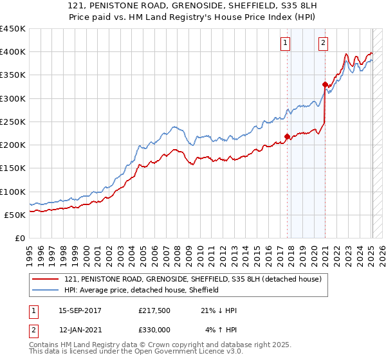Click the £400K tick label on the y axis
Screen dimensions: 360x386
tap(12, 52)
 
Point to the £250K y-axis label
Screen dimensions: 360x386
tap(12, 122)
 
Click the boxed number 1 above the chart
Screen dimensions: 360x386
tap(285, 44)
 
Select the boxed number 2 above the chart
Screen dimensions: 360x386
tap(323, 44)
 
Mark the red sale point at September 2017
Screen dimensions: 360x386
tap(288, 136)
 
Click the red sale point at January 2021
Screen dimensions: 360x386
tap(325, 84)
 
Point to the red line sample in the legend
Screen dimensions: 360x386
tap(46, 279)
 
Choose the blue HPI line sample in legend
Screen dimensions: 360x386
tap(46, 290)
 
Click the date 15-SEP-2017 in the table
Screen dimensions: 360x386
tap(80, 310)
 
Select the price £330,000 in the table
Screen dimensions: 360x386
tap(154, 329)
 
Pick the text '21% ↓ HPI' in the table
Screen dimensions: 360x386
tap(219, 310)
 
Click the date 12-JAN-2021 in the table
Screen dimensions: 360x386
tap(80, 329)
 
